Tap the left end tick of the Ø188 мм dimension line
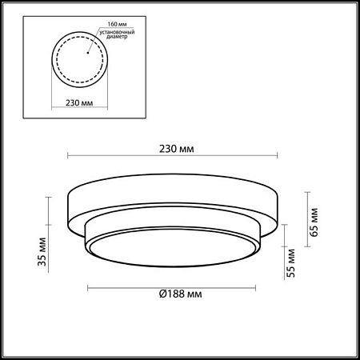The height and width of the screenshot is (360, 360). [x=86, y=287]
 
